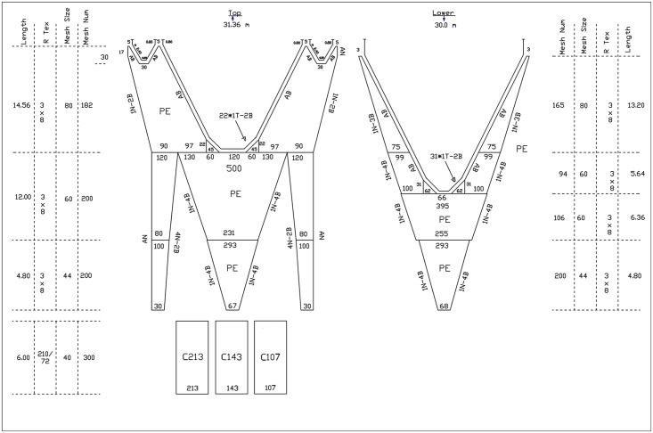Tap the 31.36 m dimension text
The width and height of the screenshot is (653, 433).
click(233, 25)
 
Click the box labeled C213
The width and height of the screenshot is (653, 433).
click(193, 356)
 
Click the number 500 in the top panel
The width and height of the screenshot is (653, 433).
click(233, 168)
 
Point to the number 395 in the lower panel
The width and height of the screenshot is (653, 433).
click(443, 206)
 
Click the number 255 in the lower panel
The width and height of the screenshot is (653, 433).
click(443, 233)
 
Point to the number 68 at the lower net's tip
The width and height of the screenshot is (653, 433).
click(443, 307)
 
